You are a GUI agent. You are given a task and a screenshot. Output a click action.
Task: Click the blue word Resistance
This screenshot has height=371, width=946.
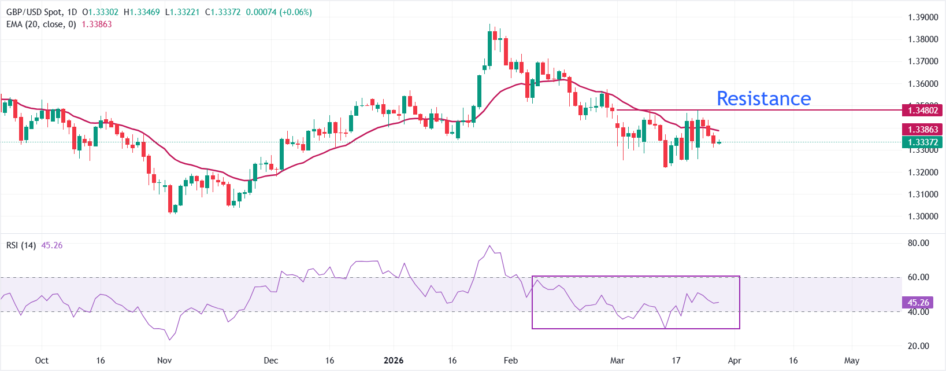pos(763,98)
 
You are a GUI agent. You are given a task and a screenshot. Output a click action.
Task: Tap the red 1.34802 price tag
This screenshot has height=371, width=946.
pos(922,110)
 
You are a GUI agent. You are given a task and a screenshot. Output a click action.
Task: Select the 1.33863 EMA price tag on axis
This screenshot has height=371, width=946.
pos(922,130)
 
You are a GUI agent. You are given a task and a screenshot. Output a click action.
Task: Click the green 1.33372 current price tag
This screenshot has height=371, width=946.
pos(922,142)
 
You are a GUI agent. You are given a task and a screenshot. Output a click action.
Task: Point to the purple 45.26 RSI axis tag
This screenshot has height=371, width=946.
pos(918,303)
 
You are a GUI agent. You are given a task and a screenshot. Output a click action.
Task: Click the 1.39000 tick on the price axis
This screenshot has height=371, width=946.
pos(922,17)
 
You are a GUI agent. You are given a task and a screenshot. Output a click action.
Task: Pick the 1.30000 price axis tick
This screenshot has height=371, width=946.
pos(922,216)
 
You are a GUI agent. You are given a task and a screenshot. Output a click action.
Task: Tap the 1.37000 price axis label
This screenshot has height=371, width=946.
pos(922,61)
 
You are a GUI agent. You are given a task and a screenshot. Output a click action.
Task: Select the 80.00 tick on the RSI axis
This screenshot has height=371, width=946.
pos(918,243)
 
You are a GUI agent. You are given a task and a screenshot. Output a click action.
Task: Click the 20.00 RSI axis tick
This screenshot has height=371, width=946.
pos(918,346)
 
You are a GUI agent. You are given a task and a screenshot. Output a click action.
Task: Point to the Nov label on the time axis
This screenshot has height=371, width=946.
pos(165,361)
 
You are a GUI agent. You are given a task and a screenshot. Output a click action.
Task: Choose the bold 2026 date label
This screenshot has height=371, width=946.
pos(394,361)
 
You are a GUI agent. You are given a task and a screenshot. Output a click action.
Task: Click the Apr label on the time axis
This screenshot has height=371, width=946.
pos(734,361)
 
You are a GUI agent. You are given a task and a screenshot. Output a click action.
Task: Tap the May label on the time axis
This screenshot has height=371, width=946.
pos(852,361)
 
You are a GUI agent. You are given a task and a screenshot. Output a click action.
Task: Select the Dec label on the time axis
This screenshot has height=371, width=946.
pos(270,361)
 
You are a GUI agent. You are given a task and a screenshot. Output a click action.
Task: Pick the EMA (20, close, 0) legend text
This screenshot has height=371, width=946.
pos(41,24)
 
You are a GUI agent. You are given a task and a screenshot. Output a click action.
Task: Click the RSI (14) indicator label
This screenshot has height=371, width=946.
pos(21,245)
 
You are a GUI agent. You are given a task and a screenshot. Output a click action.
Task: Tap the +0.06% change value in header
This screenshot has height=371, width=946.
pos(296,12)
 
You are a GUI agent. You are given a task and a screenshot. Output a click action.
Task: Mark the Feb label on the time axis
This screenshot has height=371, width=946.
pos(511,361)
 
